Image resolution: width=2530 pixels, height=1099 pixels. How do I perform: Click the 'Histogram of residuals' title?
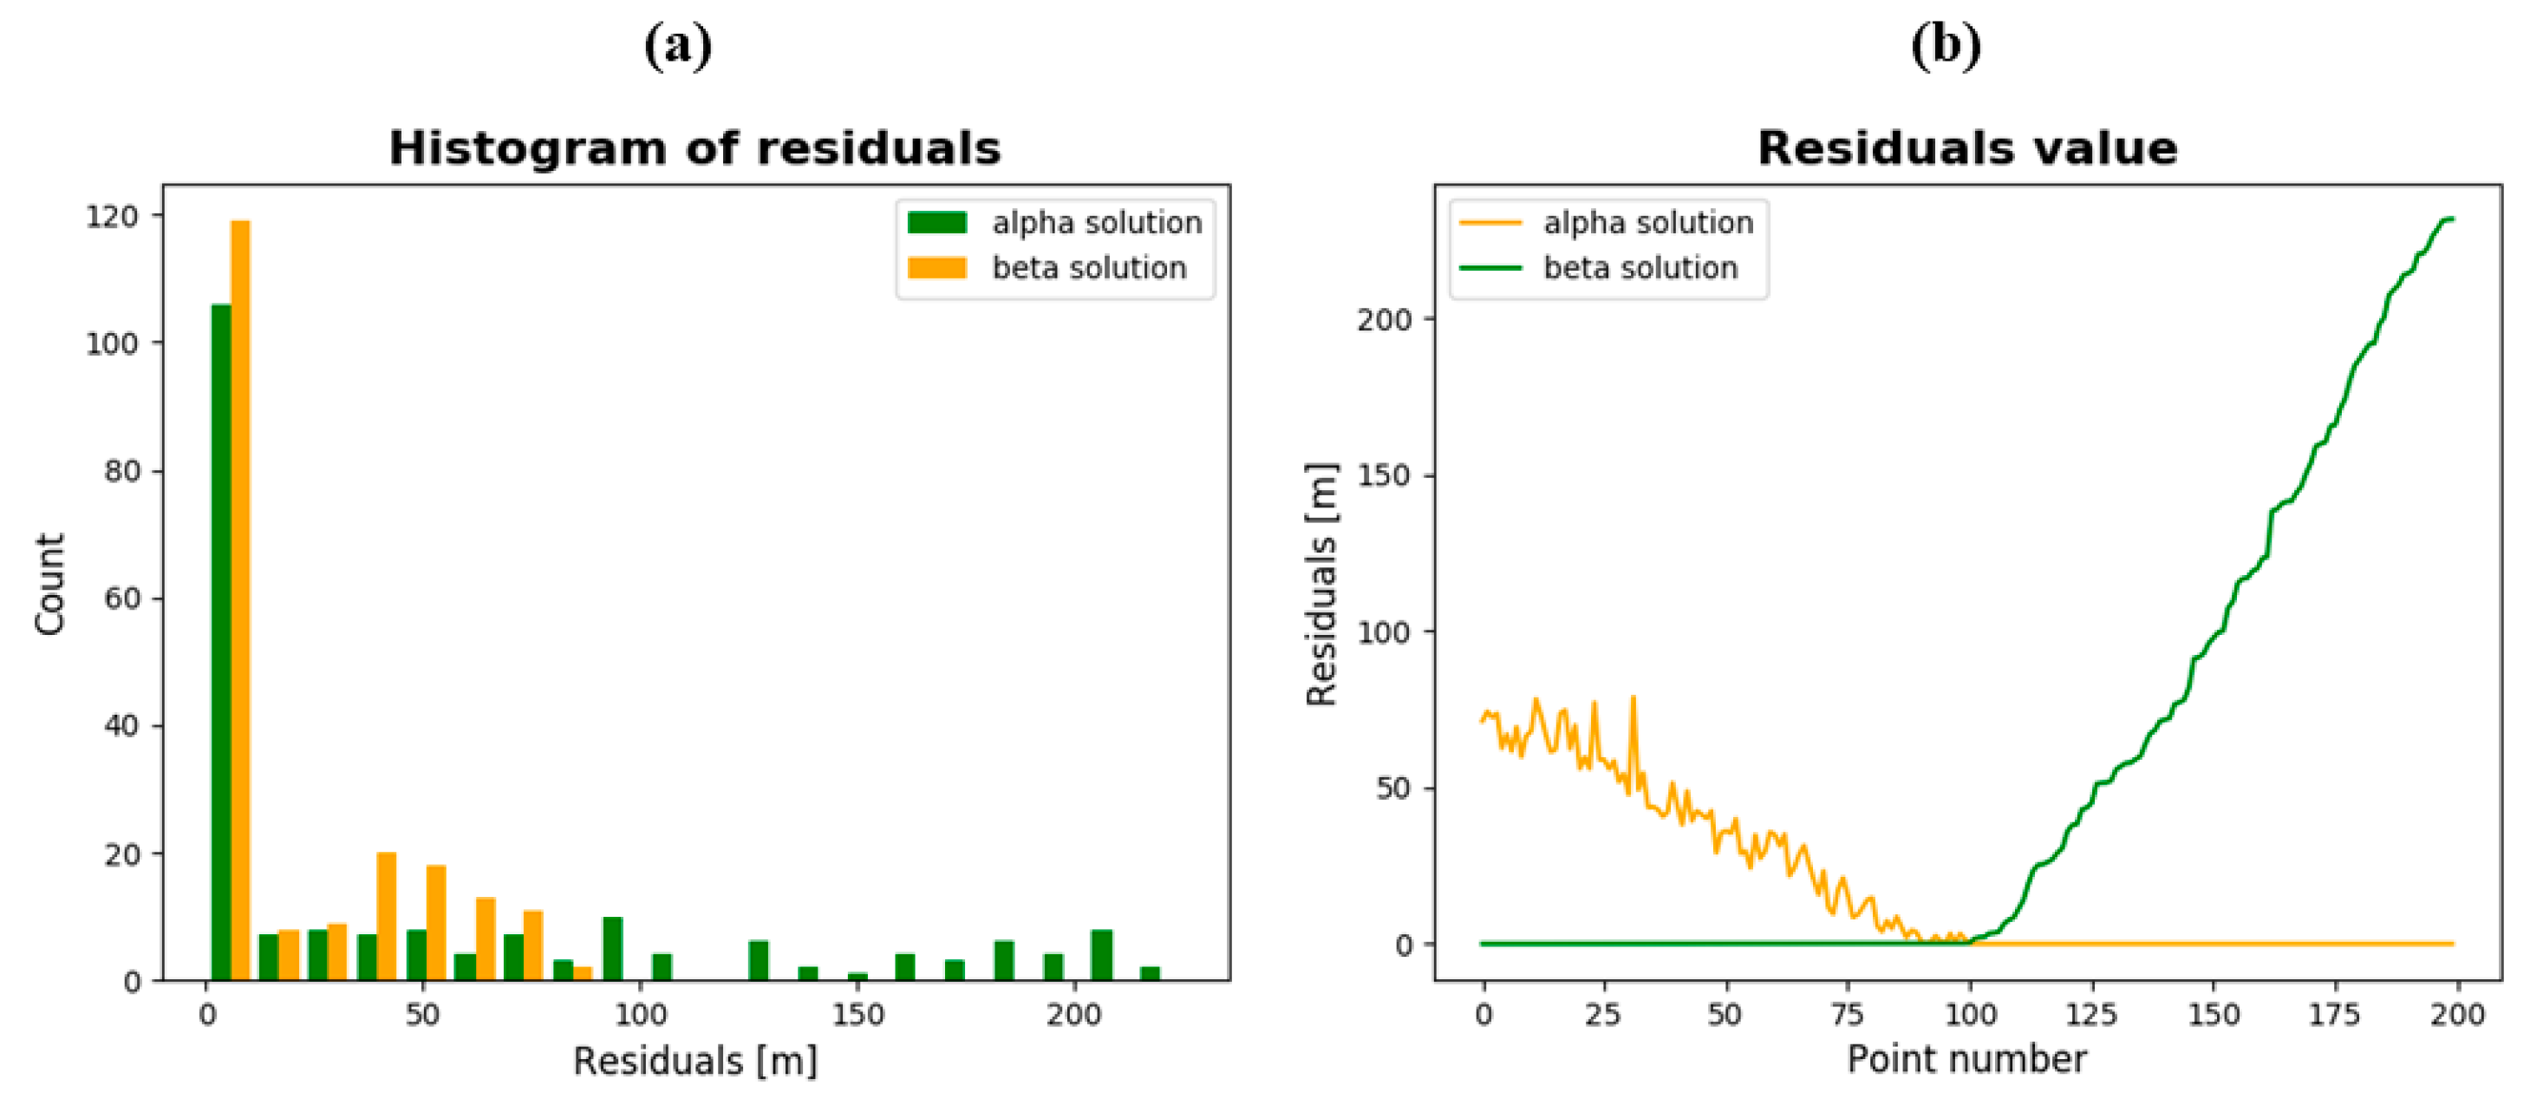point(694,149)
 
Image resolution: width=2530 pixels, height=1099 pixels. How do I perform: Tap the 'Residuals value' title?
point(1966,149)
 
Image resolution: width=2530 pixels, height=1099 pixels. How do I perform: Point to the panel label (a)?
point(678,45)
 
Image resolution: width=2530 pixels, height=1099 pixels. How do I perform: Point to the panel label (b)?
point(1945,45)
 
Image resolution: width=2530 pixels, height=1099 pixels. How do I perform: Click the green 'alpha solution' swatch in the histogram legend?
point(937,223)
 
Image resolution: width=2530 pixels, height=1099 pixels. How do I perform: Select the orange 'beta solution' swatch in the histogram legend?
point(937,267)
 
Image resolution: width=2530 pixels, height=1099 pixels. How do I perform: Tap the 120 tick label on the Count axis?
point(112,216)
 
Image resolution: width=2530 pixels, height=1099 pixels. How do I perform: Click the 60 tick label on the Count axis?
point(121,599)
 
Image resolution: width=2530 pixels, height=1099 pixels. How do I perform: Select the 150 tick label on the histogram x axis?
point(857,1015)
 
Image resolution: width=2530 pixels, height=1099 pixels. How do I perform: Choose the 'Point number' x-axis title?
point(1966,1060)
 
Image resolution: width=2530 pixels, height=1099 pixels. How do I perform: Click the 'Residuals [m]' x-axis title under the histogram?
point(694,1062)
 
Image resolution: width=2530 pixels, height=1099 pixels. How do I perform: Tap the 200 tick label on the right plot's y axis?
point(1383,319)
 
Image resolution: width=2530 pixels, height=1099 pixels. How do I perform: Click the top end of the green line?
point(2451,219)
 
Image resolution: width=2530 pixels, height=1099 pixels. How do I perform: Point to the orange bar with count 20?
point(386,915)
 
